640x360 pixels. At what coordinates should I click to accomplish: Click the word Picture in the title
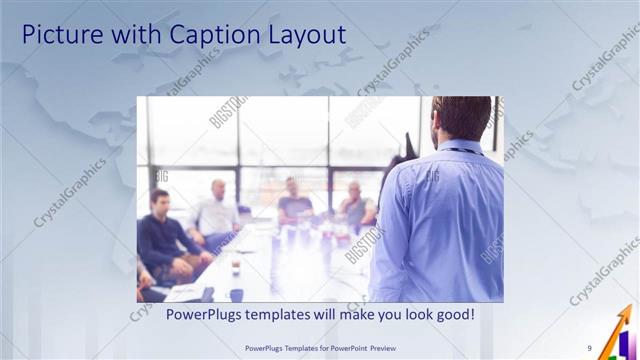60,35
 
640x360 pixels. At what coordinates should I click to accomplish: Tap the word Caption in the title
205,35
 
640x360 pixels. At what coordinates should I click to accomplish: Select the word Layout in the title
303,35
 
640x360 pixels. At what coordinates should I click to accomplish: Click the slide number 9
590,348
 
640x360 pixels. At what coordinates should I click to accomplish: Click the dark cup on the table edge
236,294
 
